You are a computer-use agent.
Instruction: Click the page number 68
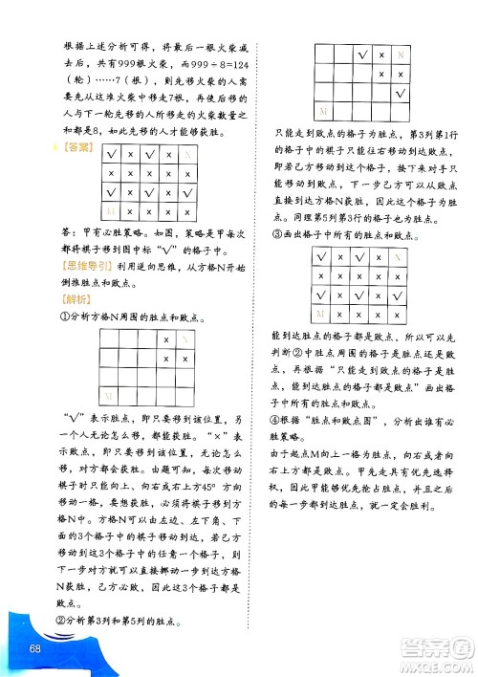35,650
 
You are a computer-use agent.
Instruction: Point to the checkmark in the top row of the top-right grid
362,55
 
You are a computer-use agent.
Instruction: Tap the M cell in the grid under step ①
111,396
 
